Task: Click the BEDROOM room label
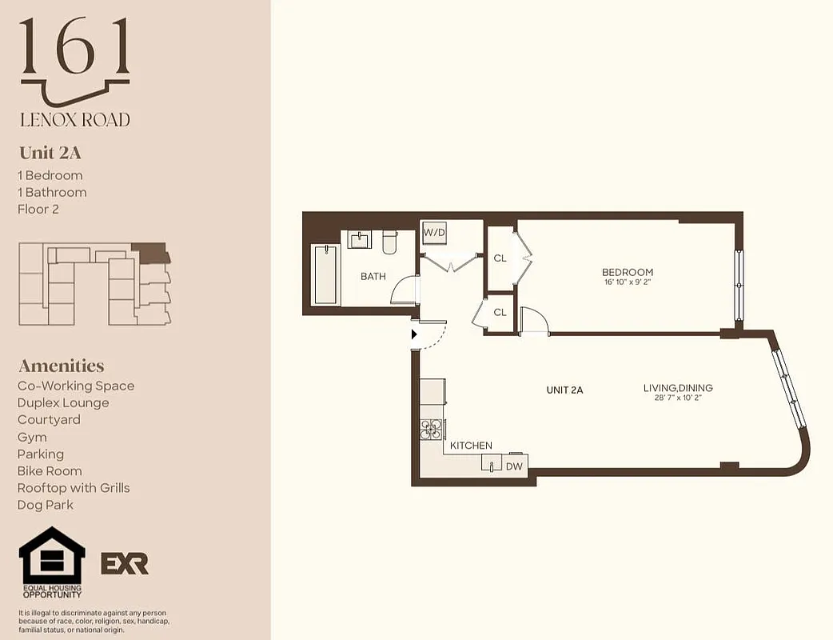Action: coord(628,273)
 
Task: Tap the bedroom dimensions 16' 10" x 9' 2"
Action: coord(628,282)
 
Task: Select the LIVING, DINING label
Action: coord(678,388)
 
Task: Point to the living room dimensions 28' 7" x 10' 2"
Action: coord(678,398)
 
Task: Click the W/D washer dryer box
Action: coord(433,232)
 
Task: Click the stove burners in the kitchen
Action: coord(432,430)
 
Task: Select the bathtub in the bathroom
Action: coord(325,274)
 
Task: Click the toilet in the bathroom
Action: coord(390,242)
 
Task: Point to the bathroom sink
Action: coord(360,239)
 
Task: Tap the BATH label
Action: coord(373,277)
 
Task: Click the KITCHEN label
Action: coord(471,446)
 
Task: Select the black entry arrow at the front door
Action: coord(414,334)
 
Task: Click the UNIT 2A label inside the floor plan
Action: coord(564,390)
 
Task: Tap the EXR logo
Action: coord(124,563)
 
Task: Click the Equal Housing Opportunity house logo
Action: coord(52,558)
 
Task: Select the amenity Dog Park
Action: coord(45,505)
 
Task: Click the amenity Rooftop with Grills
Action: coord(74,488)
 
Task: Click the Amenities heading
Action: coord(61,366)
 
